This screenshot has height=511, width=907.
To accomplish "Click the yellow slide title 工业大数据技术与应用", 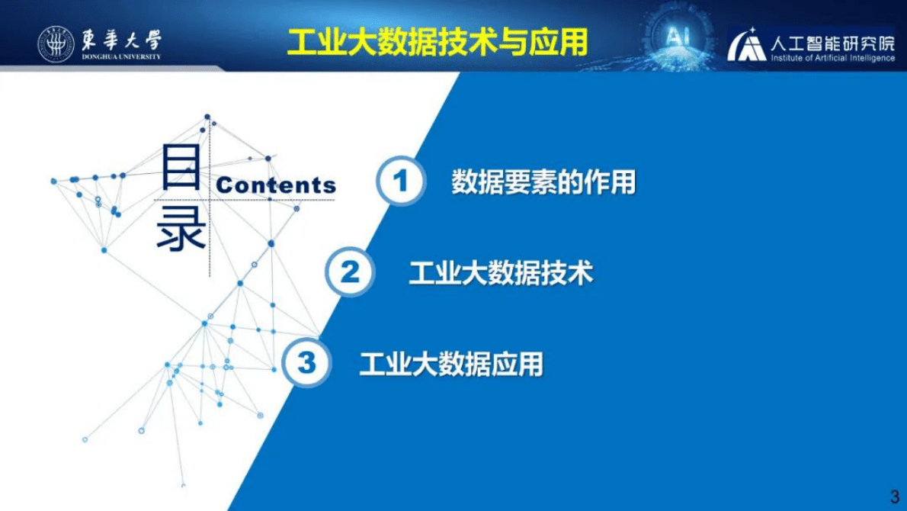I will (437, 43).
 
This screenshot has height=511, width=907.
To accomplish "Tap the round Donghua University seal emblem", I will (56, 43).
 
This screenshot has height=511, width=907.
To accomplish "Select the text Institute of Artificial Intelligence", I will (832, 59).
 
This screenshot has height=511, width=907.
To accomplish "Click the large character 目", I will (181, 169).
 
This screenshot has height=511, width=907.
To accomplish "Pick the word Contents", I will (276, 185).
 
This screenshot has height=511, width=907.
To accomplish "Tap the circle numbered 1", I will (400, 182).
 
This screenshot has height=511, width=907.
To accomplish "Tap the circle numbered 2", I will (350, 272).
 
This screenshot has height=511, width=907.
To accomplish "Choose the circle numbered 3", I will (306, 363).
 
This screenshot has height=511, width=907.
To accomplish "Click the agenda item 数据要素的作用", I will (543, 182).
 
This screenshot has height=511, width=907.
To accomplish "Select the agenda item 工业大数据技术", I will (500, 273).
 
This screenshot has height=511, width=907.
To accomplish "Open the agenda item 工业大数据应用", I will (451, 364).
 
